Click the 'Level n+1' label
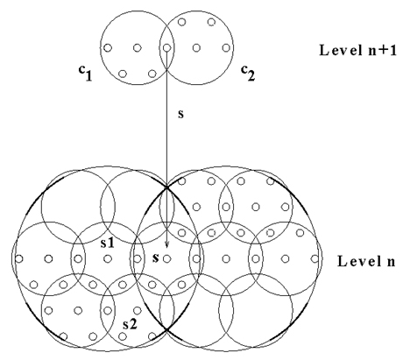358,50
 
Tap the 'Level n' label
366,261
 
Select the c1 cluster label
86,73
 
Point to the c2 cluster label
248,73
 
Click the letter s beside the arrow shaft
181,114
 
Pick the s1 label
107,244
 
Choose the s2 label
130,324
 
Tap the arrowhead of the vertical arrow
166,244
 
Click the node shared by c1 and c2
166,47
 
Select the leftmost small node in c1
108,47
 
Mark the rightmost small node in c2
226,47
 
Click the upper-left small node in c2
181,22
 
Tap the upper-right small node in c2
211,22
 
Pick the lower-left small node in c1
123,74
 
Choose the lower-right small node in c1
152,74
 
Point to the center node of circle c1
138,47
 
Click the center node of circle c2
196,47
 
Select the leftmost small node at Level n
19,258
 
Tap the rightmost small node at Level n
315,258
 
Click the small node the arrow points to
166,258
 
